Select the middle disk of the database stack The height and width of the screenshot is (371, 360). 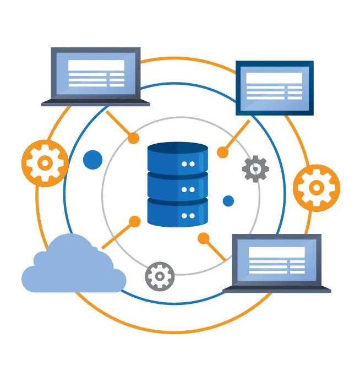pyautogui.click(x=177, y=187)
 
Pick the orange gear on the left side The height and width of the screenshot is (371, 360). pyautogui.click(x=45, y=162)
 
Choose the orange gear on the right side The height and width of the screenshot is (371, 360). pyautogui.click(x=316, y=188)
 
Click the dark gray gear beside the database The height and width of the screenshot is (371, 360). pyautogui.click(x=255, y=169)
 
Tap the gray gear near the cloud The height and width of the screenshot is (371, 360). pyautogui.click(x=160, y=276)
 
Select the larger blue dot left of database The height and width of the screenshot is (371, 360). pyautogui.click(x=92, y=160)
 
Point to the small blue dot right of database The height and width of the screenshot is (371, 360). pyautogui.click(x=228, y=201)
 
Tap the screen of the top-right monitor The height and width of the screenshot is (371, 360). pyautogui.click(x=274, y=86)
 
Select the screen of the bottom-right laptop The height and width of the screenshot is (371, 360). pyautogui.click(x=276, y=260)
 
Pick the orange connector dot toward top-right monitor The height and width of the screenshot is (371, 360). pyautogui.click(x=222, y=152)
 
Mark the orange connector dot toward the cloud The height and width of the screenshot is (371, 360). pyautogui.click(x=134, y=222)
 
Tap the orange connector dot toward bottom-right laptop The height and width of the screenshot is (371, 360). pyautogui.click(x=204, y=238)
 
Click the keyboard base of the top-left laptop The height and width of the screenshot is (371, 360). pyautogui.click(x=95, y=102)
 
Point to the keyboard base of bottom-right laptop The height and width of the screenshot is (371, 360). pyautogui.click(x=276, y=289)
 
